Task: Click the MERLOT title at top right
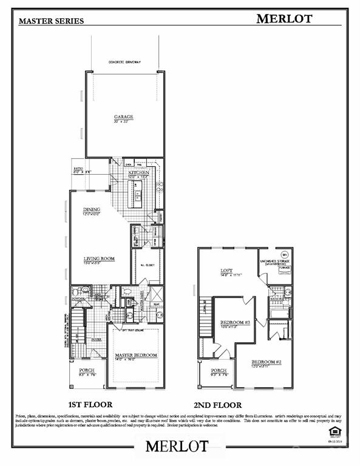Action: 284,18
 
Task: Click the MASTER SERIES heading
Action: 52,21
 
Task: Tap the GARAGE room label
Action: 123,116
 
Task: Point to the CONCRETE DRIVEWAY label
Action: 124,62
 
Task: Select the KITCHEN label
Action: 138,172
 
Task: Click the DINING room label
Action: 92,211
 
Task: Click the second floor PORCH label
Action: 219,370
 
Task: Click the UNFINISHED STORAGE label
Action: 276,261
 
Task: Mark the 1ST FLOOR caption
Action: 90,404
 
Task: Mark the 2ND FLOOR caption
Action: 219,404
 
